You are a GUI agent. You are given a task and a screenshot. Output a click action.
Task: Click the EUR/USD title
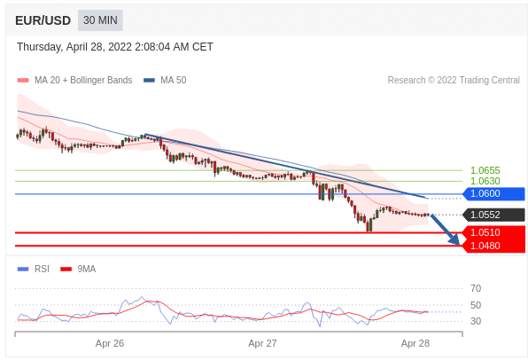(43, 20)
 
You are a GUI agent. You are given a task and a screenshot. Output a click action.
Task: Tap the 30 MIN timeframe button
(100, 20)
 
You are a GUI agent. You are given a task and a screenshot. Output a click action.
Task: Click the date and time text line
(115, 47)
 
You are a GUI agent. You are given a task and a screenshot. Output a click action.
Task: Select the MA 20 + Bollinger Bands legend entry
(74, 80)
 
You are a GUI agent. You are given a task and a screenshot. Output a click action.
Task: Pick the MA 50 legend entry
(165, 80)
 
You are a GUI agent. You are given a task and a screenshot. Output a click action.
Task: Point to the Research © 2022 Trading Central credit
(454, 80)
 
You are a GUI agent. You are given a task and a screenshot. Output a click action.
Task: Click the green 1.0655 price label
(485, 170)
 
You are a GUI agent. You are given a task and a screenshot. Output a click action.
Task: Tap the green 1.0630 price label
(485, 182)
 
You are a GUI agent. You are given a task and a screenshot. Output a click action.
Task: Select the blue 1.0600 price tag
(493, 194)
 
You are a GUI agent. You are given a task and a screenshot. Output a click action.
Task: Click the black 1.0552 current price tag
(493, 215)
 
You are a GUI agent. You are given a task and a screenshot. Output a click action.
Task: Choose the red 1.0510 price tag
(493, 232)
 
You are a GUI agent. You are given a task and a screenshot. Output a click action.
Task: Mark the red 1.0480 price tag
(493, 246)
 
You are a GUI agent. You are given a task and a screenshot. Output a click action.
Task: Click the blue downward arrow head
(454, 239)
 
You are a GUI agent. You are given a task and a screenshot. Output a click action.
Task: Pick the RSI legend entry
(34, 269)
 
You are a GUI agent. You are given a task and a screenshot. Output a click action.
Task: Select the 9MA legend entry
(78, 269)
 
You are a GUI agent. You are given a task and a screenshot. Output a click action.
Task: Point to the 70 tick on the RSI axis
(476, 288)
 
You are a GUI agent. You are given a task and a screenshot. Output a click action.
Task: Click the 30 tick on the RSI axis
(476, 321)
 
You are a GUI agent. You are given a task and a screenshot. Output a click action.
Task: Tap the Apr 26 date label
(110, 343)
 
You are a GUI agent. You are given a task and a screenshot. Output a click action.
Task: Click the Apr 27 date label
(262, 343)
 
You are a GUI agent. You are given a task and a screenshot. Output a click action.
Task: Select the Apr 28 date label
(415, 343)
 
